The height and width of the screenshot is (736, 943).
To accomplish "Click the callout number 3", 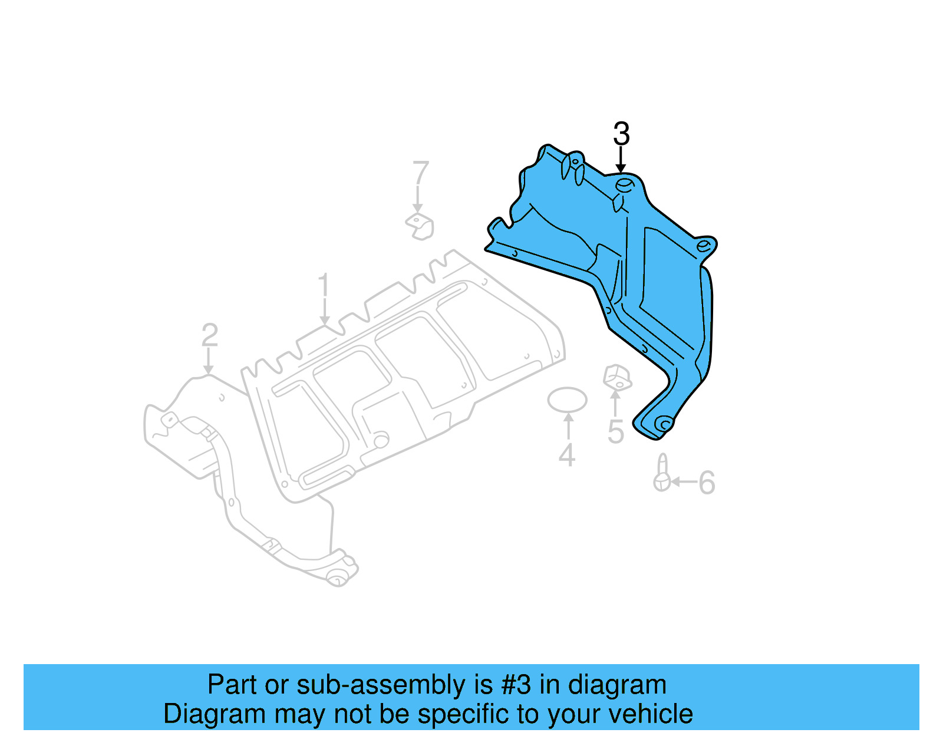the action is pyautogui.click(x=621, y=134).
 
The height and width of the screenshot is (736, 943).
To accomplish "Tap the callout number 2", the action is pyautogui.click(x=209, y=336).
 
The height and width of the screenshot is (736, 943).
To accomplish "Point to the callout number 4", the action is pyautogui.click(x=567, y=456).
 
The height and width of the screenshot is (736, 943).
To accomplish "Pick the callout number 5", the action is pyautogui.click(x=615, y=433).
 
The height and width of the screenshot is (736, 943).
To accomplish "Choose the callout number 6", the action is pyautogui.click(x=707, y=483).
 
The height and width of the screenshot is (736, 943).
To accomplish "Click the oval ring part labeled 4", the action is pyautogui.click(x=567, y=400).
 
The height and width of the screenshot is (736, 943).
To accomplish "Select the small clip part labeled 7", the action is pyautogui.click(x=420, y=226).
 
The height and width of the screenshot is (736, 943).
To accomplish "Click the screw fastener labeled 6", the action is pyautogui.click(x=662, y=474).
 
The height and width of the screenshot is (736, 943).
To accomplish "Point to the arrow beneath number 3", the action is pyautogui.click(x=621, y=160).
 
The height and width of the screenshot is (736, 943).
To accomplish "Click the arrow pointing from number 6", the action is pyautogui.click(x=684, y=482).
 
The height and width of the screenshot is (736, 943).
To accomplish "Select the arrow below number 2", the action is pyautogui.click(x=208, y=361).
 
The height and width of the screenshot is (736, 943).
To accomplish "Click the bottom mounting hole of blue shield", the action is pyautogui.click(x=664, y=424).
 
